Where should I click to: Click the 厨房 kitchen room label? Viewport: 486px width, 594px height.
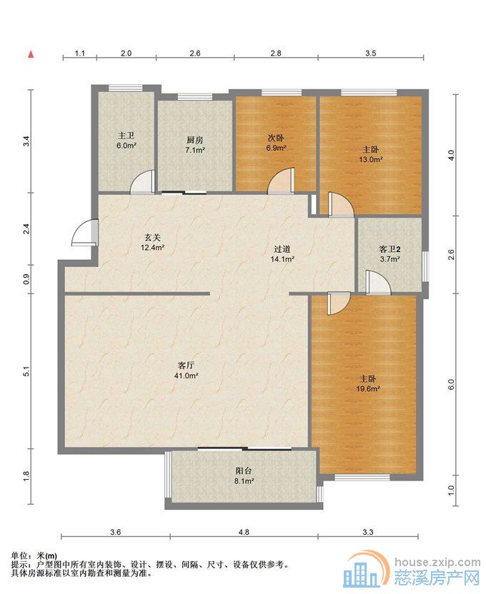[x=195, y=140]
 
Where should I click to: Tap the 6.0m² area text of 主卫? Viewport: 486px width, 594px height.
[x=127, y=145]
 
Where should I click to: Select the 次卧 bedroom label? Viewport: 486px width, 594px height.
[x=276, y=139]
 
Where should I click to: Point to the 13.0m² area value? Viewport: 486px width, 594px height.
[x=371, y=159]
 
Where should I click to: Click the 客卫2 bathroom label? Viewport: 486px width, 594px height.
[x=390, y=249]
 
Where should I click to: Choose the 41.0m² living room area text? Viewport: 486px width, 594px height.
[x=187, y=376]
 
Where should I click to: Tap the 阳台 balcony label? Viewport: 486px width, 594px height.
[x=244, y=471]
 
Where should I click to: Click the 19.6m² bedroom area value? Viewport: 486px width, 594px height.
[x=368, y=388]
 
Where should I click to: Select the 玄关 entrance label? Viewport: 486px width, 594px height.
[x=152, y=238]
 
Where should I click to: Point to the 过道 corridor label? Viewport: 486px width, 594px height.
[x=282, y=249]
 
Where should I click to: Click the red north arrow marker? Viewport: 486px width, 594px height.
[x=31, y=54]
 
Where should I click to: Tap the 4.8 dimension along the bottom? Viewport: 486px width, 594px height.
[x=244, y=532]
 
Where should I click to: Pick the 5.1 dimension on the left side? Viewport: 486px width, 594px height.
[x=26, y=371]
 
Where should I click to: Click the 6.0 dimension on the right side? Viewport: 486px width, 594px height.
[x=451, y=384]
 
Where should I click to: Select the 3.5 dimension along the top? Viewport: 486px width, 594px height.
[x=371, y=54]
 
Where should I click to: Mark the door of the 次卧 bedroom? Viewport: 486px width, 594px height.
[x=281, y=181]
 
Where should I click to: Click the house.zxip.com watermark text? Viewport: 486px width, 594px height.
[x=437, y=562]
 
